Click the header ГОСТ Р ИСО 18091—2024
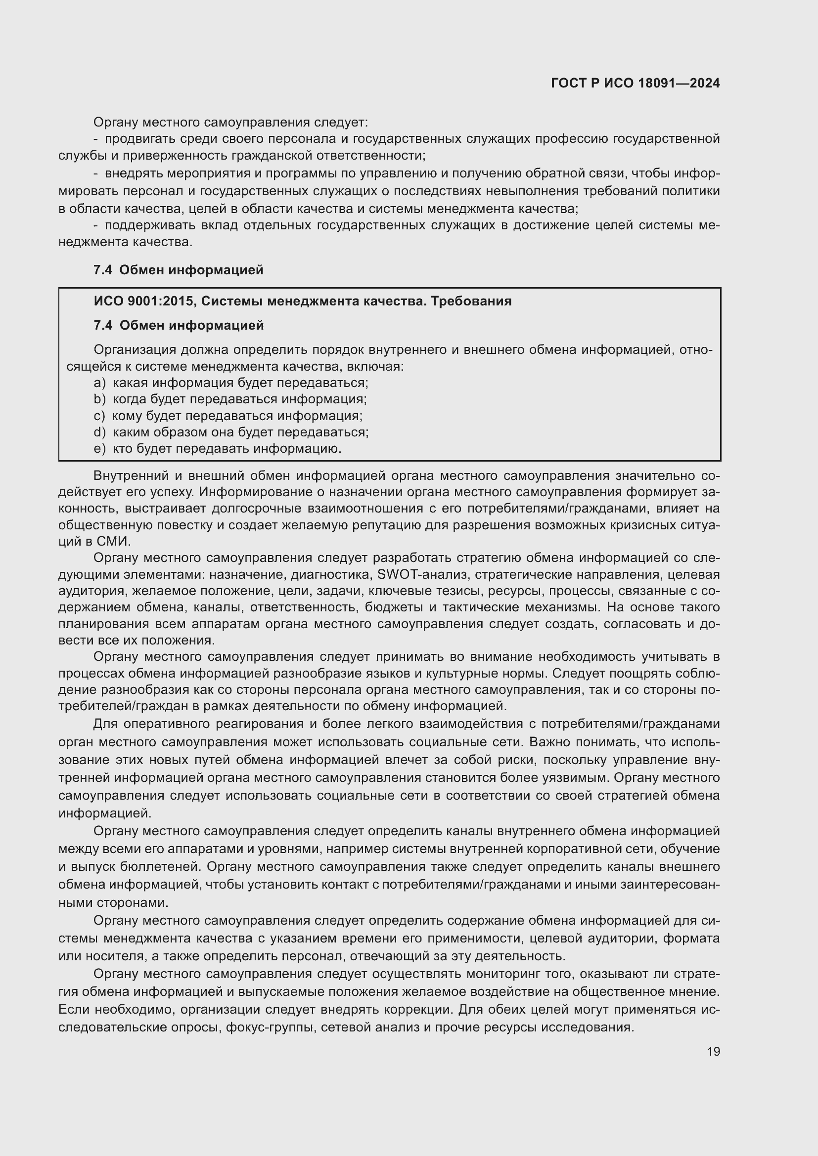tap(635, 83)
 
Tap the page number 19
tap(713, 1051)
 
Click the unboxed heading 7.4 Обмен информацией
tap(179, 270)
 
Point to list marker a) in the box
tap(100, 383)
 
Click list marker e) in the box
tap(100, 448)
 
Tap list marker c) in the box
tap(99, 416)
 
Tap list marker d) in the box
tap(100, 432)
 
